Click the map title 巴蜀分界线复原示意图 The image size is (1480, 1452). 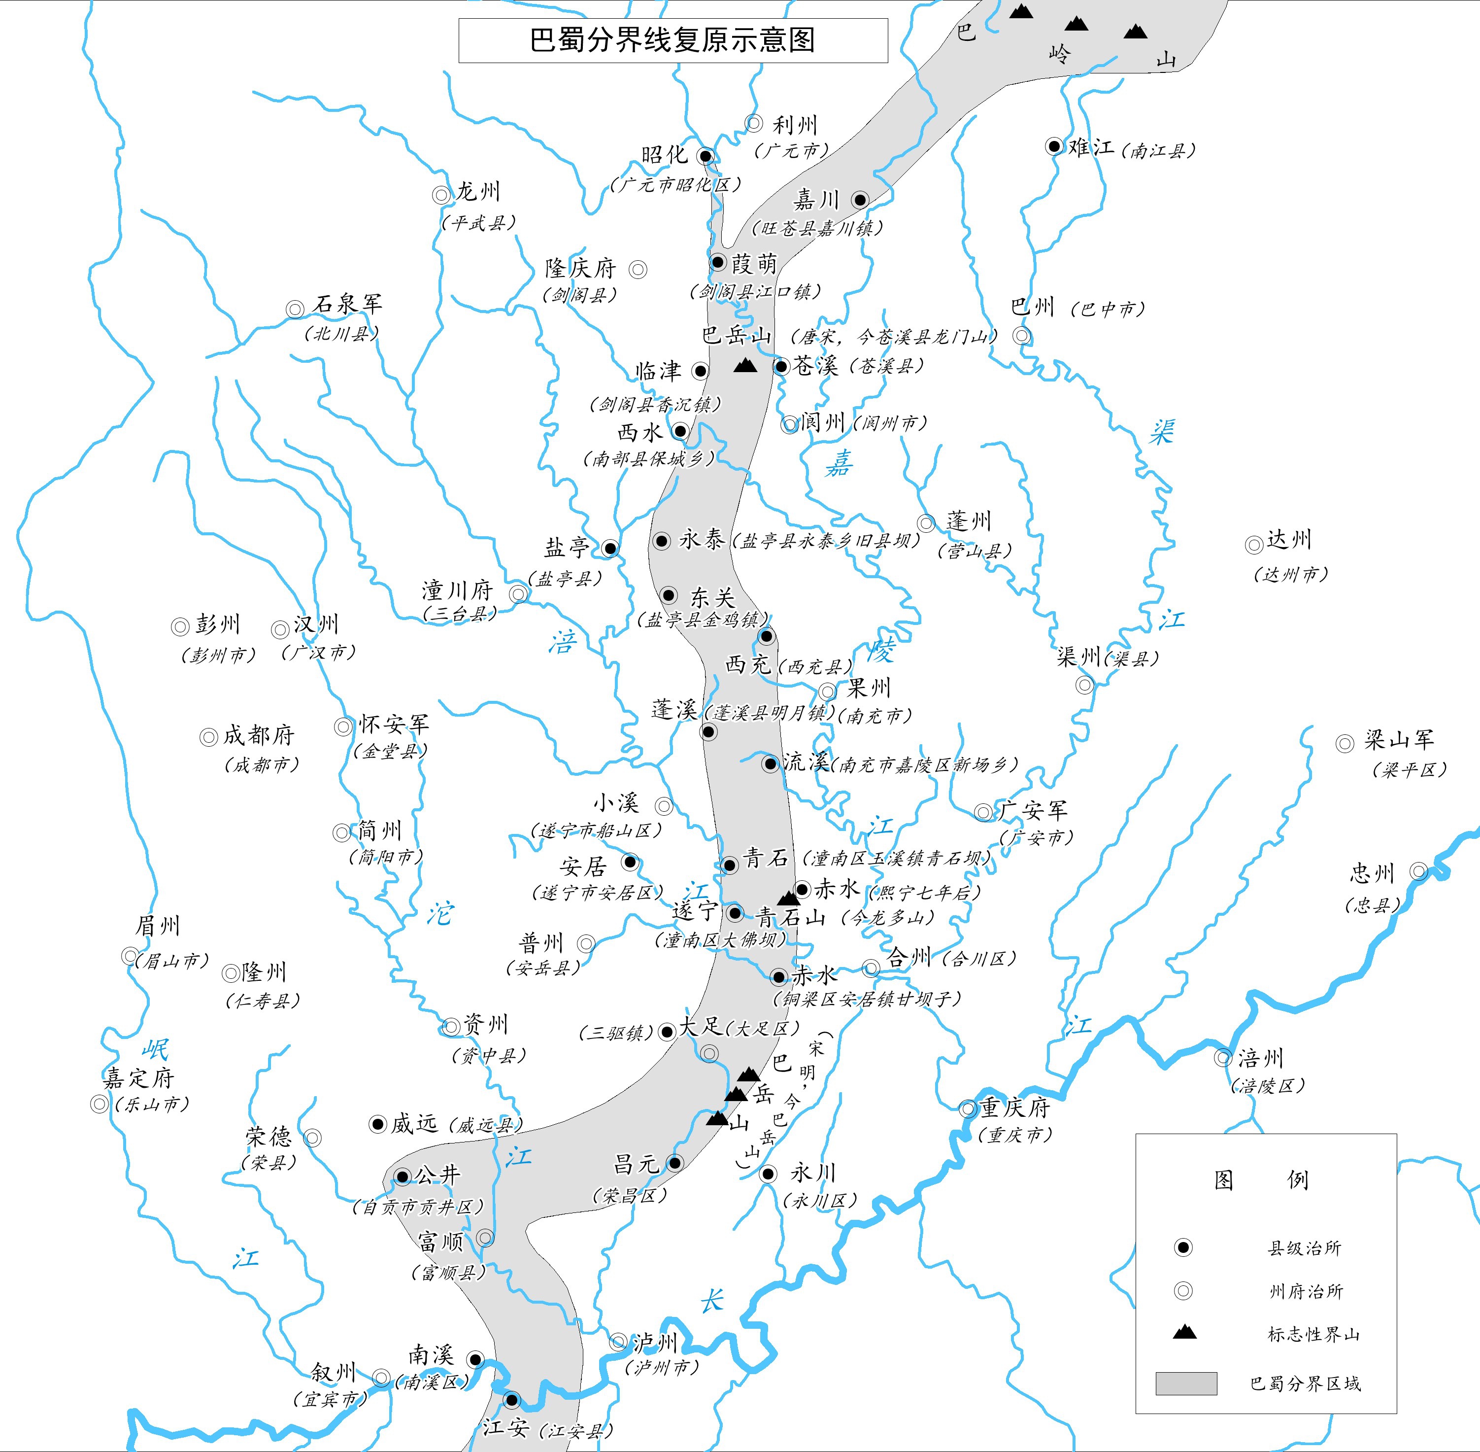coord(673,40)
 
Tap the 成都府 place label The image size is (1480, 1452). coord(259,736)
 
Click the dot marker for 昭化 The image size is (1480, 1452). coord(706,156)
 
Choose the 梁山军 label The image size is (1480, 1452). coord(1399,739)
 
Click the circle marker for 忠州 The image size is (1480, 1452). coord(1418,871)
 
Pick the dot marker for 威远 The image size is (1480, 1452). coord(377,1123)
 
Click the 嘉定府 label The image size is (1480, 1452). coord(139,1077)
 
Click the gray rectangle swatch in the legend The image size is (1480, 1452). coord(1186,1383)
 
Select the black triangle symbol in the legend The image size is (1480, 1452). coord(1184,1332)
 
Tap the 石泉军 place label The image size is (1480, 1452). coord(347,304)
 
